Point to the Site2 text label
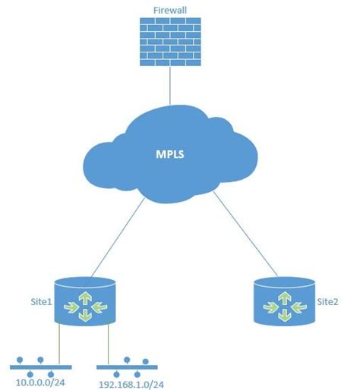click(x=328, y=301)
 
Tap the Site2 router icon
click(x=283, y=301)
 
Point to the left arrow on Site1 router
click(x=72, y=306)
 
